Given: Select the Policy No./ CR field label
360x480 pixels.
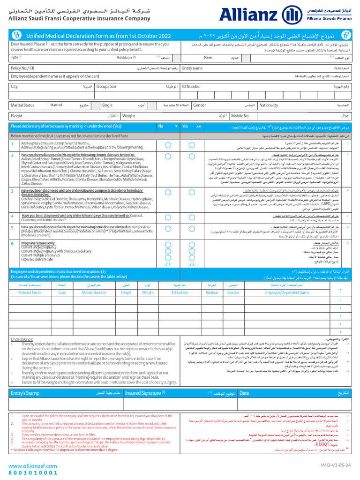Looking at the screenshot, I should tap(22, 68).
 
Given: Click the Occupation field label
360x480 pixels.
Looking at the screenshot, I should tap(106, 87).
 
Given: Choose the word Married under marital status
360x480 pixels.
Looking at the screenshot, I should tap(56, 105).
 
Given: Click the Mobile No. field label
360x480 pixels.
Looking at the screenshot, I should tap(240, 116).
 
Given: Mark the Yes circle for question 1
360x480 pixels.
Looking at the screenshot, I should tap(192, 144).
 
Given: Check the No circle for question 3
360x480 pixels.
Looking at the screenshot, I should tap(167, 192).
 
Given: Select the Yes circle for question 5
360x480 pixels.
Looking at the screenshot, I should tap(192, 227).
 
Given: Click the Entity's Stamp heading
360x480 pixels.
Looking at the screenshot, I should tap(25, 393).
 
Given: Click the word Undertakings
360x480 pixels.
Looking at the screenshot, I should tap(22, 338).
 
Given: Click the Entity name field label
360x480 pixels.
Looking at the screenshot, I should tap(192, 68).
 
